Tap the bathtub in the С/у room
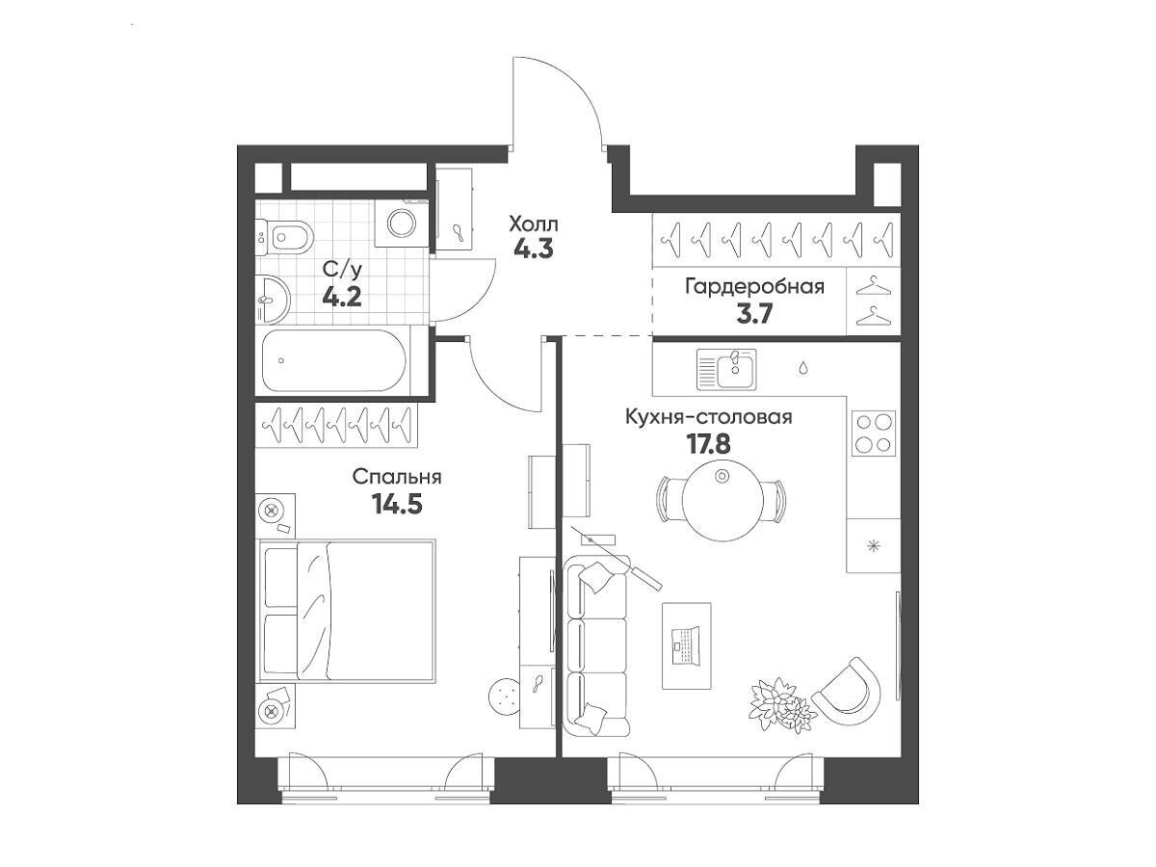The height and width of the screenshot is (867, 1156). tap(334, 360)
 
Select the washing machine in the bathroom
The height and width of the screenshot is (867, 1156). tap(402, 223)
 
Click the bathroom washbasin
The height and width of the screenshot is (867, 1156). tap(273, 299)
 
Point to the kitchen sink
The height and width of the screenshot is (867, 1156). tap(726, 369)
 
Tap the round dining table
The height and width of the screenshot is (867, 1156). tap(722, 500)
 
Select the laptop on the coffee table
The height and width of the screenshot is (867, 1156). tap(686, 645)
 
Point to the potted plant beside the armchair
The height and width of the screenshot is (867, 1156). tap(781, 705)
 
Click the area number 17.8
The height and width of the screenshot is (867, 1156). tap(708, 444)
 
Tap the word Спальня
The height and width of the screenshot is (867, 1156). tap(397, 477)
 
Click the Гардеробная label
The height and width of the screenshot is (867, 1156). tap(754, 287)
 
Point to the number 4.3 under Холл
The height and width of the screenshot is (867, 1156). tap(534, 249)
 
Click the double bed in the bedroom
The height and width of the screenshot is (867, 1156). tap(348, 611)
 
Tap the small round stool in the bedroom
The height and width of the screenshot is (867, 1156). tap(506, 696)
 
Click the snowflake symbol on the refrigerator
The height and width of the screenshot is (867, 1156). tap(874, 546)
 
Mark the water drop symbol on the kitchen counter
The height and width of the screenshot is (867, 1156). tap(803, 367)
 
